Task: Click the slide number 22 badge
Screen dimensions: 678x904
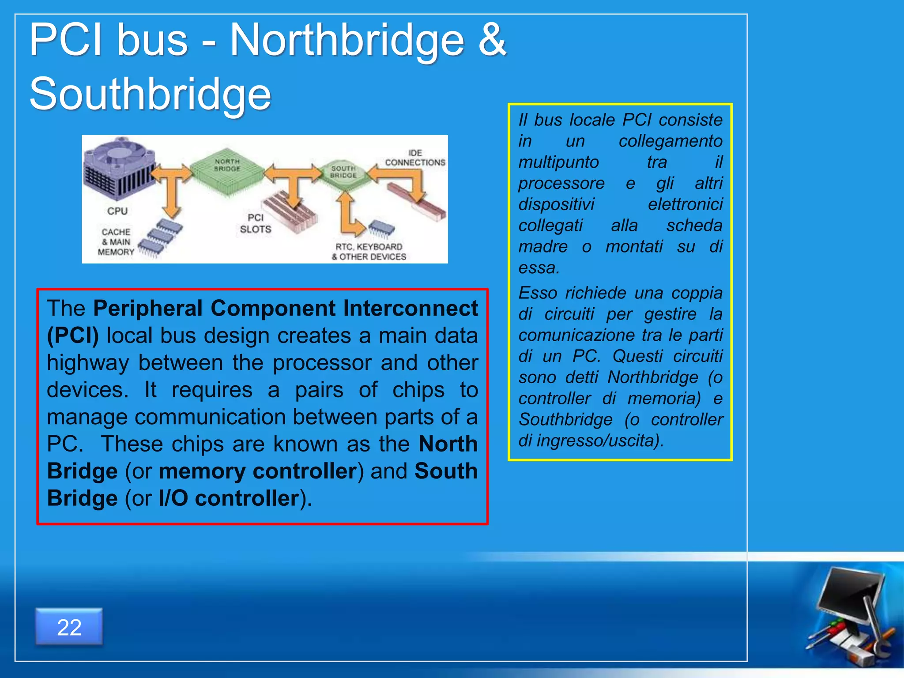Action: click(x=69, y=627)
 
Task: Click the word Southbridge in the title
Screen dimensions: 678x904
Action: click(x=150, y=94)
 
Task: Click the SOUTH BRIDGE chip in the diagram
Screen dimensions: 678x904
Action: click(x=344, y=174)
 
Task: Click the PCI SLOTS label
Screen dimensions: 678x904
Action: click(x=255, y=223)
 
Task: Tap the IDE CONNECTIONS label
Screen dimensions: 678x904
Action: click(x=414, y=158)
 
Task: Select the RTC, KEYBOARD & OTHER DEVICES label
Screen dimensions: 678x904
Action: click(x=369, y=252)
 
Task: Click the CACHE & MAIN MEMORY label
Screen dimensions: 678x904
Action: click(x=116, y=242)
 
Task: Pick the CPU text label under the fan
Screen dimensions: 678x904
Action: click(x=117, y=211)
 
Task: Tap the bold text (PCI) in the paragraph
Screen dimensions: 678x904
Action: click(x=73, y=335)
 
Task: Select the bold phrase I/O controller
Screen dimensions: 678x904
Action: click(x=229, y=498)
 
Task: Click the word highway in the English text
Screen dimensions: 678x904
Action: click(x=88, y=363)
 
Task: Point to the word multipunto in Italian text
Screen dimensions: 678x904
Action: click(x=558, y=162)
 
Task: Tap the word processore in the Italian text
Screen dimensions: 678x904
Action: click(x=561, y=183)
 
